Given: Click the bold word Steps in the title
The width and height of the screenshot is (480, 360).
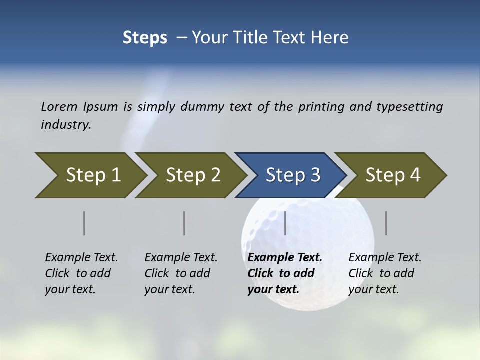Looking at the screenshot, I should click(145, 37).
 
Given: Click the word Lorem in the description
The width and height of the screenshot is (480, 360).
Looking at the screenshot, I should click(59, 106).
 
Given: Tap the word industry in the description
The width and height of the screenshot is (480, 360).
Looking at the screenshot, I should click(66, 124).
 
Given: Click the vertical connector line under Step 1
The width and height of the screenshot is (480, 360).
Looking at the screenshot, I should click(84, 223).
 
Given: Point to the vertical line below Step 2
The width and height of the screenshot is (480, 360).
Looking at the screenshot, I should click(184, 223).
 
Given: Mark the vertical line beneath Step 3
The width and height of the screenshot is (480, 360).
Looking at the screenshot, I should click(285, 223).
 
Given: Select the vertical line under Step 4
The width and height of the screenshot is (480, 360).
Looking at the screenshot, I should click(386, 223).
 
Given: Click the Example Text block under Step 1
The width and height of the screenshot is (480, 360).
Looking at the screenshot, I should click(81, 273).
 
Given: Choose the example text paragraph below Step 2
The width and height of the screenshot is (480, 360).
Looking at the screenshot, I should click(181, 273).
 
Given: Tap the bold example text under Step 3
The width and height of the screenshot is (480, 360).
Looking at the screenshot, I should click(285, 273).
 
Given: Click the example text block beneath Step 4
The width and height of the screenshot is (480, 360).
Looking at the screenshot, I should click(385, 273).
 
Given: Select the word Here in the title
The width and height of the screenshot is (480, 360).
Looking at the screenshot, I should click(332, 37).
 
